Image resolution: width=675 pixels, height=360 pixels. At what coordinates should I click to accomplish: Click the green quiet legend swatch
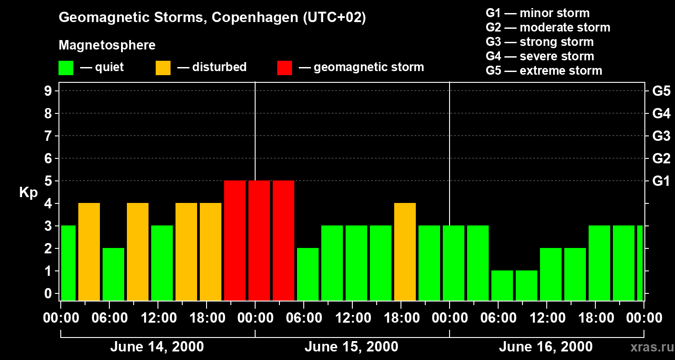coord(66,68)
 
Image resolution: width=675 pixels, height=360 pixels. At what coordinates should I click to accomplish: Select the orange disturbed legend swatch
coord(163,68)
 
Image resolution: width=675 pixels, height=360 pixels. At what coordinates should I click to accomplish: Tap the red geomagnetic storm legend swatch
coord(284,68)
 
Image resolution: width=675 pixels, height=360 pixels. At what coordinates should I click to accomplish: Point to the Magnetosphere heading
coord(107,45)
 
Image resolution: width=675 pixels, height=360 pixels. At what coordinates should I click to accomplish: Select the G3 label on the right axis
coord(661,136)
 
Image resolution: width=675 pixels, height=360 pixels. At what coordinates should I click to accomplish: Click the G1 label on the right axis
coord(661,181)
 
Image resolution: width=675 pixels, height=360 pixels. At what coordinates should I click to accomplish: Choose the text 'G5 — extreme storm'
coord(544,71)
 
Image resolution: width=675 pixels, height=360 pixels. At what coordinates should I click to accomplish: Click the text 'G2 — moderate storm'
coord(548,27)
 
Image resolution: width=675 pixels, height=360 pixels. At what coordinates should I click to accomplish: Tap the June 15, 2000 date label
coord(351,347)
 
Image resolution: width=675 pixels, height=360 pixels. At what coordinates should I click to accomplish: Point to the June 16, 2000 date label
coord(546,347)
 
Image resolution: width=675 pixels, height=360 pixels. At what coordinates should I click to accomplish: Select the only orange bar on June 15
coord(405,252)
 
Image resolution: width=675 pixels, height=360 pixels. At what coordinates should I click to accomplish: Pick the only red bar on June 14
coord(235,241)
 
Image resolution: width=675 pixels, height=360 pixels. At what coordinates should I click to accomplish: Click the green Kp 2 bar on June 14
coord(113,274)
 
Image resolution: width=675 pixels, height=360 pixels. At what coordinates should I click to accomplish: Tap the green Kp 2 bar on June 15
coord(308,274)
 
